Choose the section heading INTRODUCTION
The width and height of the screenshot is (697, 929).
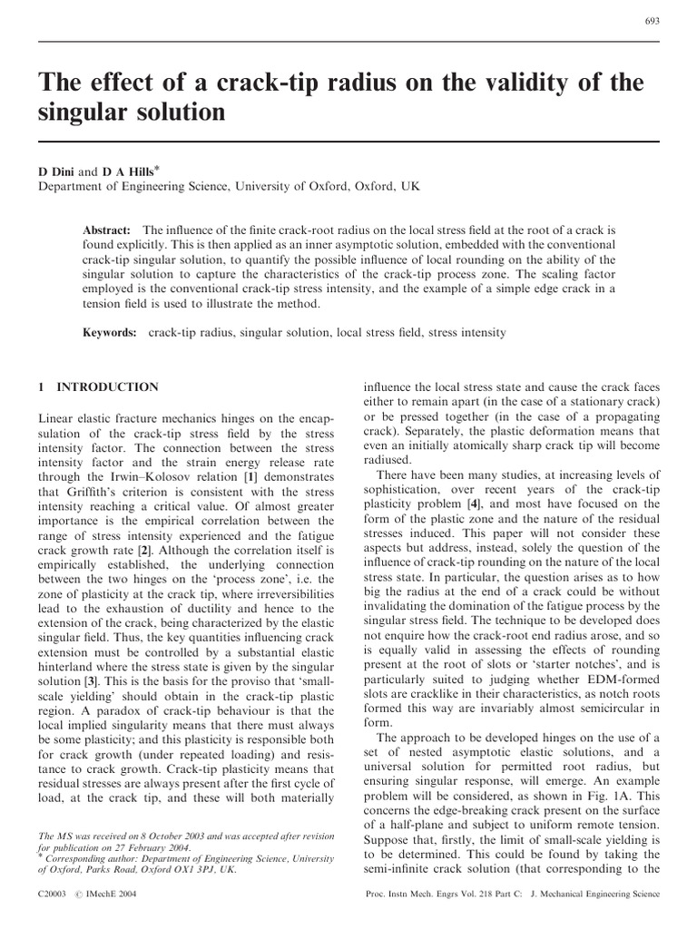(x=107, y=387)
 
